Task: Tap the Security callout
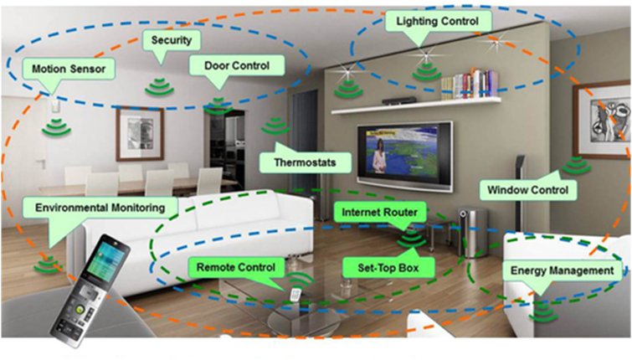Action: [x=172, y=39]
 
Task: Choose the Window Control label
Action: [x=532, y=190]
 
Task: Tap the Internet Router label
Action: [x=379, y=213]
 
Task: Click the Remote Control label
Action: [x=235, y=268]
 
